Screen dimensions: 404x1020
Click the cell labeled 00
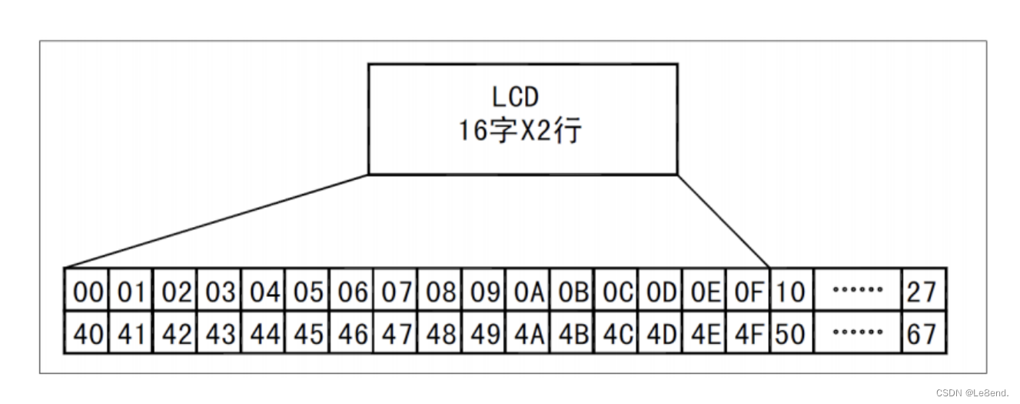[87, 291]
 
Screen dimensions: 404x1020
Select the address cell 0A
[528, 291]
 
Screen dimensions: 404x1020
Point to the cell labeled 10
[791, 291]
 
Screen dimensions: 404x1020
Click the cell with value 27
[922, 291]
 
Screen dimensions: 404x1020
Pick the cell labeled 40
[87, 333]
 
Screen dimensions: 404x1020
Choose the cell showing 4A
[528, 333]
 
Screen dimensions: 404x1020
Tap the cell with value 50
[791, 333]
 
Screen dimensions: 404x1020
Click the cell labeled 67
[922, 333]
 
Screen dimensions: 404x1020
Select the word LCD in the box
[516, 97]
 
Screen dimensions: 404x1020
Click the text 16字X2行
[520, 130]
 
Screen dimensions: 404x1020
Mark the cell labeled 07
[396, 291]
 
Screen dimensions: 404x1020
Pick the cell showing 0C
[616, 291]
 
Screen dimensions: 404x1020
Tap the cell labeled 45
[307, 333]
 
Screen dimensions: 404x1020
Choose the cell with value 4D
[660, 333]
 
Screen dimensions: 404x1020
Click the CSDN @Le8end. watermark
[972, 392]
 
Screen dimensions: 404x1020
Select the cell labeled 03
[219, 291]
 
